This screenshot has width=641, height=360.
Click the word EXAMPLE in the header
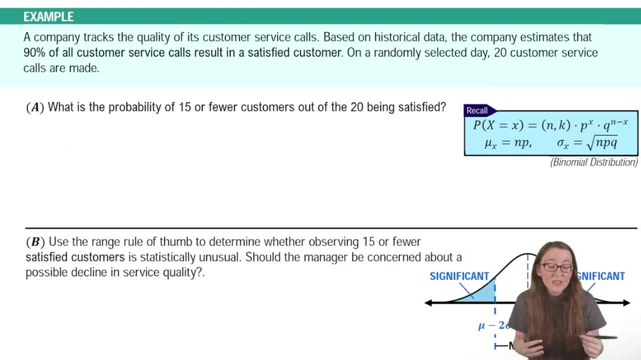pyautogui.click(x=49, y=17)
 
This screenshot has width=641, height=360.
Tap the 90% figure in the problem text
pyautogui.click(x=35, y=53)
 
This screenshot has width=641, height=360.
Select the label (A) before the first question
pyautogui.click(x=35, y=108)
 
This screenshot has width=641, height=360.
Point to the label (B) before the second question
pyautogui.click(x=35, y=242)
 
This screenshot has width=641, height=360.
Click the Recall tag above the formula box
pyautogui.click(x=477, y=110)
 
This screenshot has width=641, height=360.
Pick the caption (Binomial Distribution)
pyautogui.click(x=594, y=163)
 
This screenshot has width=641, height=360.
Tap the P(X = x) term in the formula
pyautogui.click(x=499, y=125)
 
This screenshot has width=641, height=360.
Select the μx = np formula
pyautogui.click(x=508, y=143)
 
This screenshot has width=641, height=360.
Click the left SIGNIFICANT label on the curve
pyautogui.click(x=459, y=276)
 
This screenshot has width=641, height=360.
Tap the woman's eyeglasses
pyautogui.click(x=557, y=266)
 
